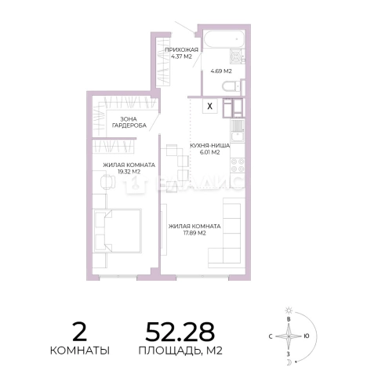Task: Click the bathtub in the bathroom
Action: click(224, 39)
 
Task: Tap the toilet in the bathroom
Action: click(231, 85)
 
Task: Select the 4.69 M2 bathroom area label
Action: click(221, 71)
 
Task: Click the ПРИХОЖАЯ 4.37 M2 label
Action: click(181, 53)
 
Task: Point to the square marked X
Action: click(210, 106)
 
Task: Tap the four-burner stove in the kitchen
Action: click(238, 165)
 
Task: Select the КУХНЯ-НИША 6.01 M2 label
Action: click(209, 149)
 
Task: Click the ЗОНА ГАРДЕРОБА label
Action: click(129, 122)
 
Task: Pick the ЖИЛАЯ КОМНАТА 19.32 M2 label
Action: click(129, 169)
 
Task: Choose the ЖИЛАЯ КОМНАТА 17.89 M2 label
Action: click(194, 230)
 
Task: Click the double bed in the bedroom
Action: click(117, 231)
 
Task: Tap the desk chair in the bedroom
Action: click(107, 181)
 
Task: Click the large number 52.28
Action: click(180, 332)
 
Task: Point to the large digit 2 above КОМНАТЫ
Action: click(79, 332)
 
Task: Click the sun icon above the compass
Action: click(289, 311)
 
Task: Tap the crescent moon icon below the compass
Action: click(289, 362)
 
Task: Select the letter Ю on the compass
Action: click(306, 336)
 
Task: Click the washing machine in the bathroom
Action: click(238, 56)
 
